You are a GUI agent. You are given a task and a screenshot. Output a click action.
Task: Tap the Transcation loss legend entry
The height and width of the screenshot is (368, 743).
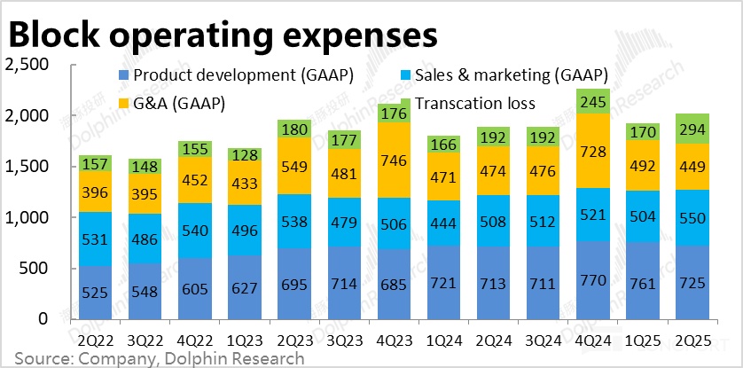(473, 104)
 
